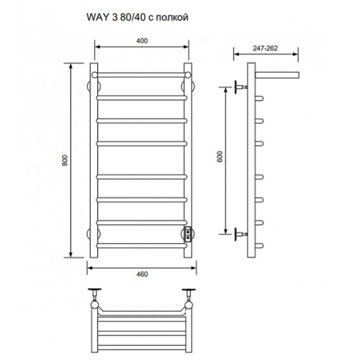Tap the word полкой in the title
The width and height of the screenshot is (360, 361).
(x=170, y=18)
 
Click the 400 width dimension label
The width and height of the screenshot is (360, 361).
(x=142, y=41)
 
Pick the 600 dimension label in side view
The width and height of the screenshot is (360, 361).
(x=219, y=159)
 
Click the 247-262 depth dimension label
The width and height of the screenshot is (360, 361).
(x=265, y=47)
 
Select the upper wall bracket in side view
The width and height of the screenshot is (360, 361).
(x=239, y=86)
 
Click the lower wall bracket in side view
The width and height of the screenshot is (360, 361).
(x=239, y=235)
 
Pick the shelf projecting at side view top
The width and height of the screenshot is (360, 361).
(x=277, y=75)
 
